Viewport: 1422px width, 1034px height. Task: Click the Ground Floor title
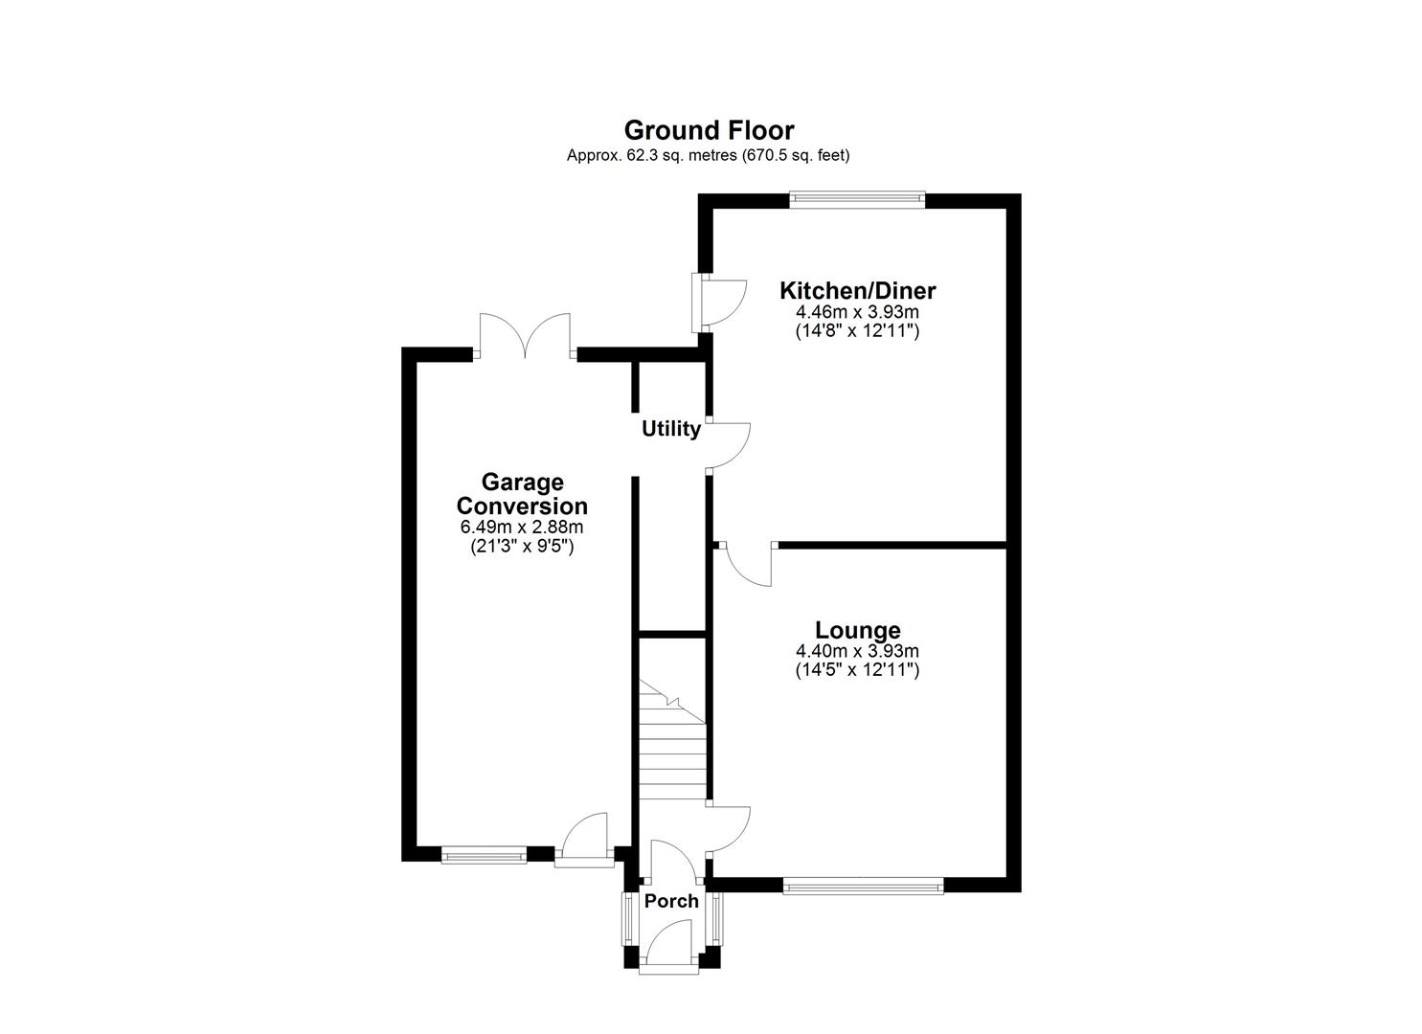point(709,130)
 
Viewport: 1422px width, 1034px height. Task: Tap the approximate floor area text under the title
point(709,155)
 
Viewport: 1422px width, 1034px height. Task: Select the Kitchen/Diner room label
point(857,290)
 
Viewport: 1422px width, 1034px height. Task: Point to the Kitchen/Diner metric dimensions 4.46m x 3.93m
point(857,312)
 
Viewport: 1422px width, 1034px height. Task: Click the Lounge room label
point(857,630)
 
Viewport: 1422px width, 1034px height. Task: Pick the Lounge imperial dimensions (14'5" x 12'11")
point(857,670)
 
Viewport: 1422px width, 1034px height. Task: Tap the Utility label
point(670,429)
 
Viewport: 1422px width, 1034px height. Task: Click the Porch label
point(671,901)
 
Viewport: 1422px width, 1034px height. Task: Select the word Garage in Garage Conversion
point(522,482)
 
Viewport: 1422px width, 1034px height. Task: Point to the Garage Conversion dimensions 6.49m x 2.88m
point(522,528)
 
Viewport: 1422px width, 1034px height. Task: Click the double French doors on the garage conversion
point(526,337)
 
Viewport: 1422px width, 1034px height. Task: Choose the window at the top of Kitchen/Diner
point(857,200)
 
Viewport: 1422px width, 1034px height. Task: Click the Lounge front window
point(863,887)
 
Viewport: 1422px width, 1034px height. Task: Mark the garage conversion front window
point(484,855)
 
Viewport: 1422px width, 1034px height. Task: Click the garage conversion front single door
point(585,838)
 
